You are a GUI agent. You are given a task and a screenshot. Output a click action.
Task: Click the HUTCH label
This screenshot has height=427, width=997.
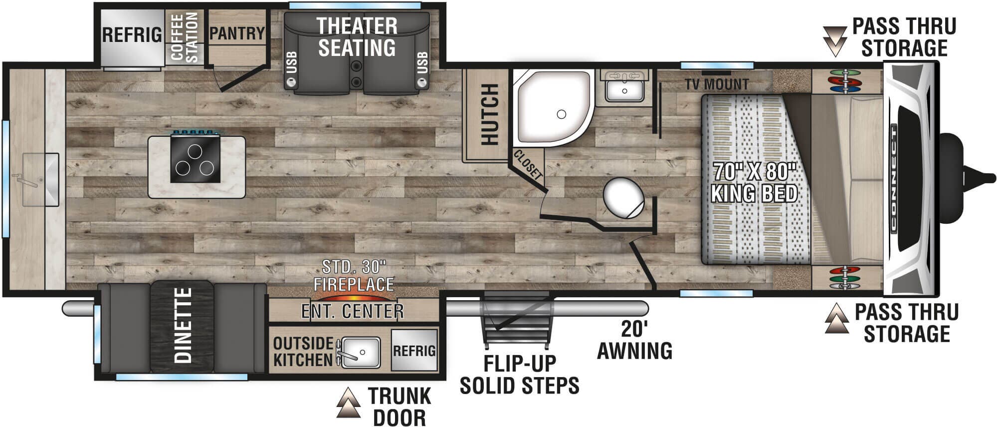490,115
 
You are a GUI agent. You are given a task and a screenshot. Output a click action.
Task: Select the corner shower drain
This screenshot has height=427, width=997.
561,114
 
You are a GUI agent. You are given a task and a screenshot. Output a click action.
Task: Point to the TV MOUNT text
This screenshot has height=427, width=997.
716,84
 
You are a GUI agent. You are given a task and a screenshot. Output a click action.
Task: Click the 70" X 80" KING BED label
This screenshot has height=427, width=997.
754,182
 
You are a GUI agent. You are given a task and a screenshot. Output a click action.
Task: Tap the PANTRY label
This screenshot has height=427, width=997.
237,33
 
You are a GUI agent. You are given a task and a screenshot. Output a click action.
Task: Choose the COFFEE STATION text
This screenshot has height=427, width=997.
185,37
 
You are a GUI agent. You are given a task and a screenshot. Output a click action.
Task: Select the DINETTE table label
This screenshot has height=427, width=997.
183,325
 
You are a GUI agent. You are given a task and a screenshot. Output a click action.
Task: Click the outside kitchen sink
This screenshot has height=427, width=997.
360,352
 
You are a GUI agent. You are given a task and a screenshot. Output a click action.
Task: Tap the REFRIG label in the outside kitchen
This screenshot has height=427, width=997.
414,351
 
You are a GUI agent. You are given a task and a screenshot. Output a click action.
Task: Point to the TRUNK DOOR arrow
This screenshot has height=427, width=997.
348,403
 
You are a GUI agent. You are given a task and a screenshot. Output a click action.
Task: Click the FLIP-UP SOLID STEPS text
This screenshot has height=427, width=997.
519,375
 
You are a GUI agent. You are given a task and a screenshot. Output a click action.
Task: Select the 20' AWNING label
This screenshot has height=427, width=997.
634,341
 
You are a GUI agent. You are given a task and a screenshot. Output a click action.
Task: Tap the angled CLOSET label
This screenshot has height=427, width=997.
527,164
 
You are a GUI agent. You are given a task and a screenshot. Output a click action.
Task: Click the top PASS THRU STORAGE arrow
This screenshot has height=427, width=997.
834,41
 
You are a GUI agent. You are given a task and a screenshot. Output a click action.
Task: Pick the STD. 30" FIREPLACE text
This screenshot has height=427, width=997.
354,276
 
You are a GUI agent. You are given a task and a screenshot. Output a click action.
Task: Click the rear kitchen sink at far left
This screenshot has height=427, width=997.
40,179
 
